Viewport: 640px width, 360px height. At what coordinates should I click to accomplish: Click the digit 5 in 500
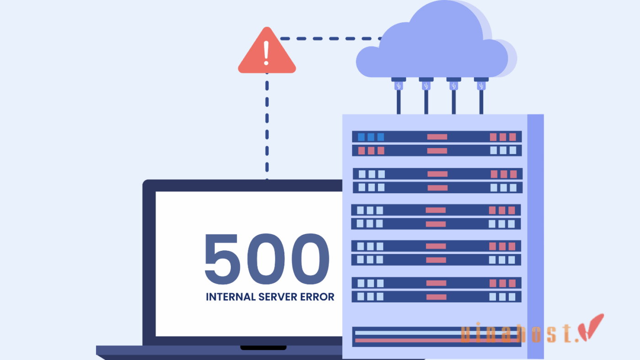[x=221, y=259]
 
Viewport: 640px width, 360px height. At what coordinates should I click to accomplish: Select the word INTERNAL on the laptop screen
[x=230, y=297]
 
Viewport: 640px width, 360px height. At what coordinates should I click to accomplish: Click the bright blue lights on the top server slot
[x=371, y=137]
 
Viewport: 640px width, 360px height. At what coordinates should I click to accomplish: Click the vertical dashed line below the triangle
[x=267, y=128]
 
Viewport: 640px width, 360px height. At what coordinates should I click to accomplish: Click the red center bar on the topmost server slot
[x=437, y=137]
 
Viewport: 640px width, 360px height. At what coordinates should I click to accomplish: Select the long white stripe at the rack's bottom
[x=407, y=333]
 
